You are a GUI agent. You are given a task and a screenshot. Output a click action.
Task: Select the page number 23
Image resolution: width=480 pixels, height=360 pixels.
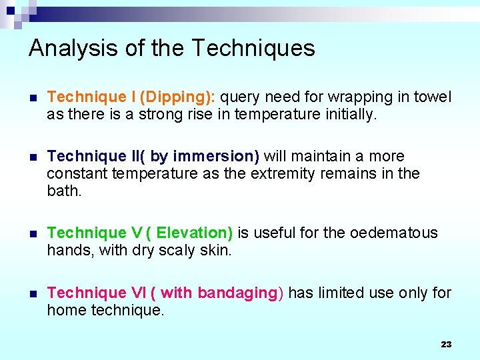[x=446, y=344]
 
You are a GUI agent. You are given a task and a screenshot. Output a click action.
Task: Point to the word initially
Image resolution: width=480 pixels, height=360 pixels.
[x=349, y=115]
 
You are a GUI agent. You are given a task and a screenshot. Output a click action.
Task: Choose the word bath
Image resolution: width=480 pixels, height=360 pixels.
[x=63, y=191]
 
